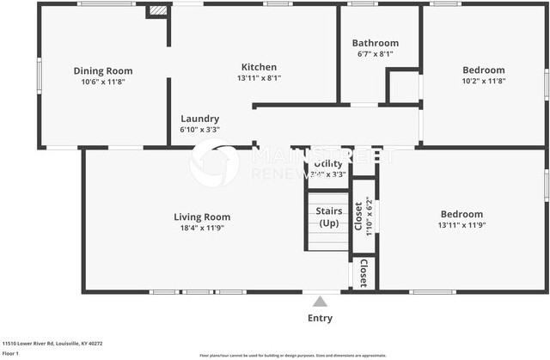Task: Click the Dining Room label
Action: pyautogui.click(x=103, y=70)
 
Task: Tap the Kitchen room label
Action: pyautogui.click(x=259, y=67)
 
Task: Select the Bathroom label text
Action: pyautogui.click(x=376, y=43)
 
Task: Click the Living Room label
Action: pyautogui.click(x=202, y=217)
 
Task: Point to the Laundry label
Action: pyautogui.click(x=199, y=119)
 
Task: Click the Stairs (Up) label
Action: pyautogui.click(x=329, y=217)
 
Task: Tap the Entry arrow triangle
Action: pyautogui.click(x=320, y=302)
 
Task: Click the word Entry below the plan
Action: pyautogui.click(x=320, y=319)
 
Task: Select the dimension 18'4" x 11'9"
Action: pyautogui.click(x=202, y=229)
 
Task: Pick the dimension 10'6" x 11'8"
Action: pyautogui.click(x=103, y=82)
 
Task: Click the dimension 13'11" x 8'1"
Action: pyautogui.click(x=259, y=78)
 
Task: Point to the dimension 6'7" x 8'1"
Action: pyautogui.click(x=376, y=54)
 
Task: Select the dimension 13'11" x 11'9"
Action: pyautogui.click(x=461, y=225)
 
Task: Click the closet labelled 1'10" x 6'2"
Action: pyautogui.click(x=363, y=216)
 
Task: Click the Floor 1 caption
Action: pyautogui.click(x=11, y=353)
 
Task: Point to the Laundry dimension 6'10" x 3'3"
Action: pyautogui.click(x=199, y=130)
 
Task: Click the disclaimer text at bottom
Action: pyautogui.click(x=292, y=355)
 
